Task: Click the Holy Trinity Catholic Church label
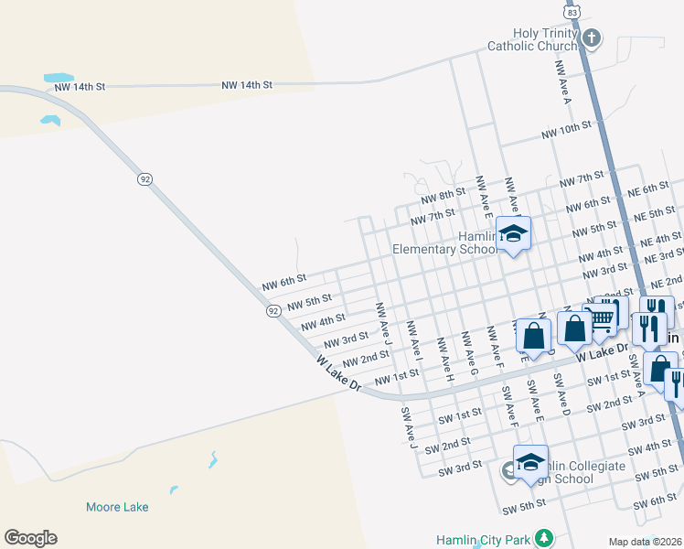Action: tap(545, 39)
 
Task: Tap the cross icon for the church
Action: tap(592, 38)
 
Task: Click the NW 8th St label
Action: tap(444, 198)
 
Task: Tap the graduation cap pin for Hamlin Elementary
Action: tap(513, 233)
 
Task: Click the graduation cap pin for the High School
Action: tap(529, 462)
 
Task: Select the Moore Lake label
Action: tap(117, 507)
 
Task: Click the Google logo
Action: tap(30, 538)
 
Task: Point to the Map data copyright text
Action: tap(644, 542)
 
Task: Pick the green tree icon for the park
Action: tap(544, 536)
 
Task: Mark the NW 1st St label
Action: tap(396, 375)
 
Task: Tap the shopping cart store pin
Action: tap(601, 317)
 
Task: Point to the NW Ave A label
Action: tap(561, 83)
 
